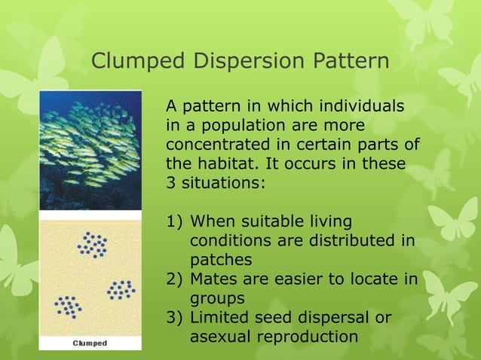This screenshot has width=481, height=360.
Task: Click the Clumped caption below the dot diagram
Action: pyautogui.click(x=90, y=343)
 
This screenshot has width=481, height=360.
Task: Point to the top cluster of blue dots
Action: pyautogui.click(x=93, y=245)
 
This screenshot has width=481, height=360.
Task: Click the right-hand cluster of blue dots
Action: pyautogui.click(x=121, y=289)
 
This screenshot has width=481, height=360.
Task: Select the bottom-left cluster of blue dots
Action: pyautogui.click(x=69, y=306)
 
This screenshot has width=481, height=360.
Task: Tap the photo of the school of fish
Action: pyautogui.click(x=90, y=151)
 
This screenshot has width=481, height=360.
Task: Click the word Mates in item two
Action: pyautogui.click(x=214, y=279)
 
